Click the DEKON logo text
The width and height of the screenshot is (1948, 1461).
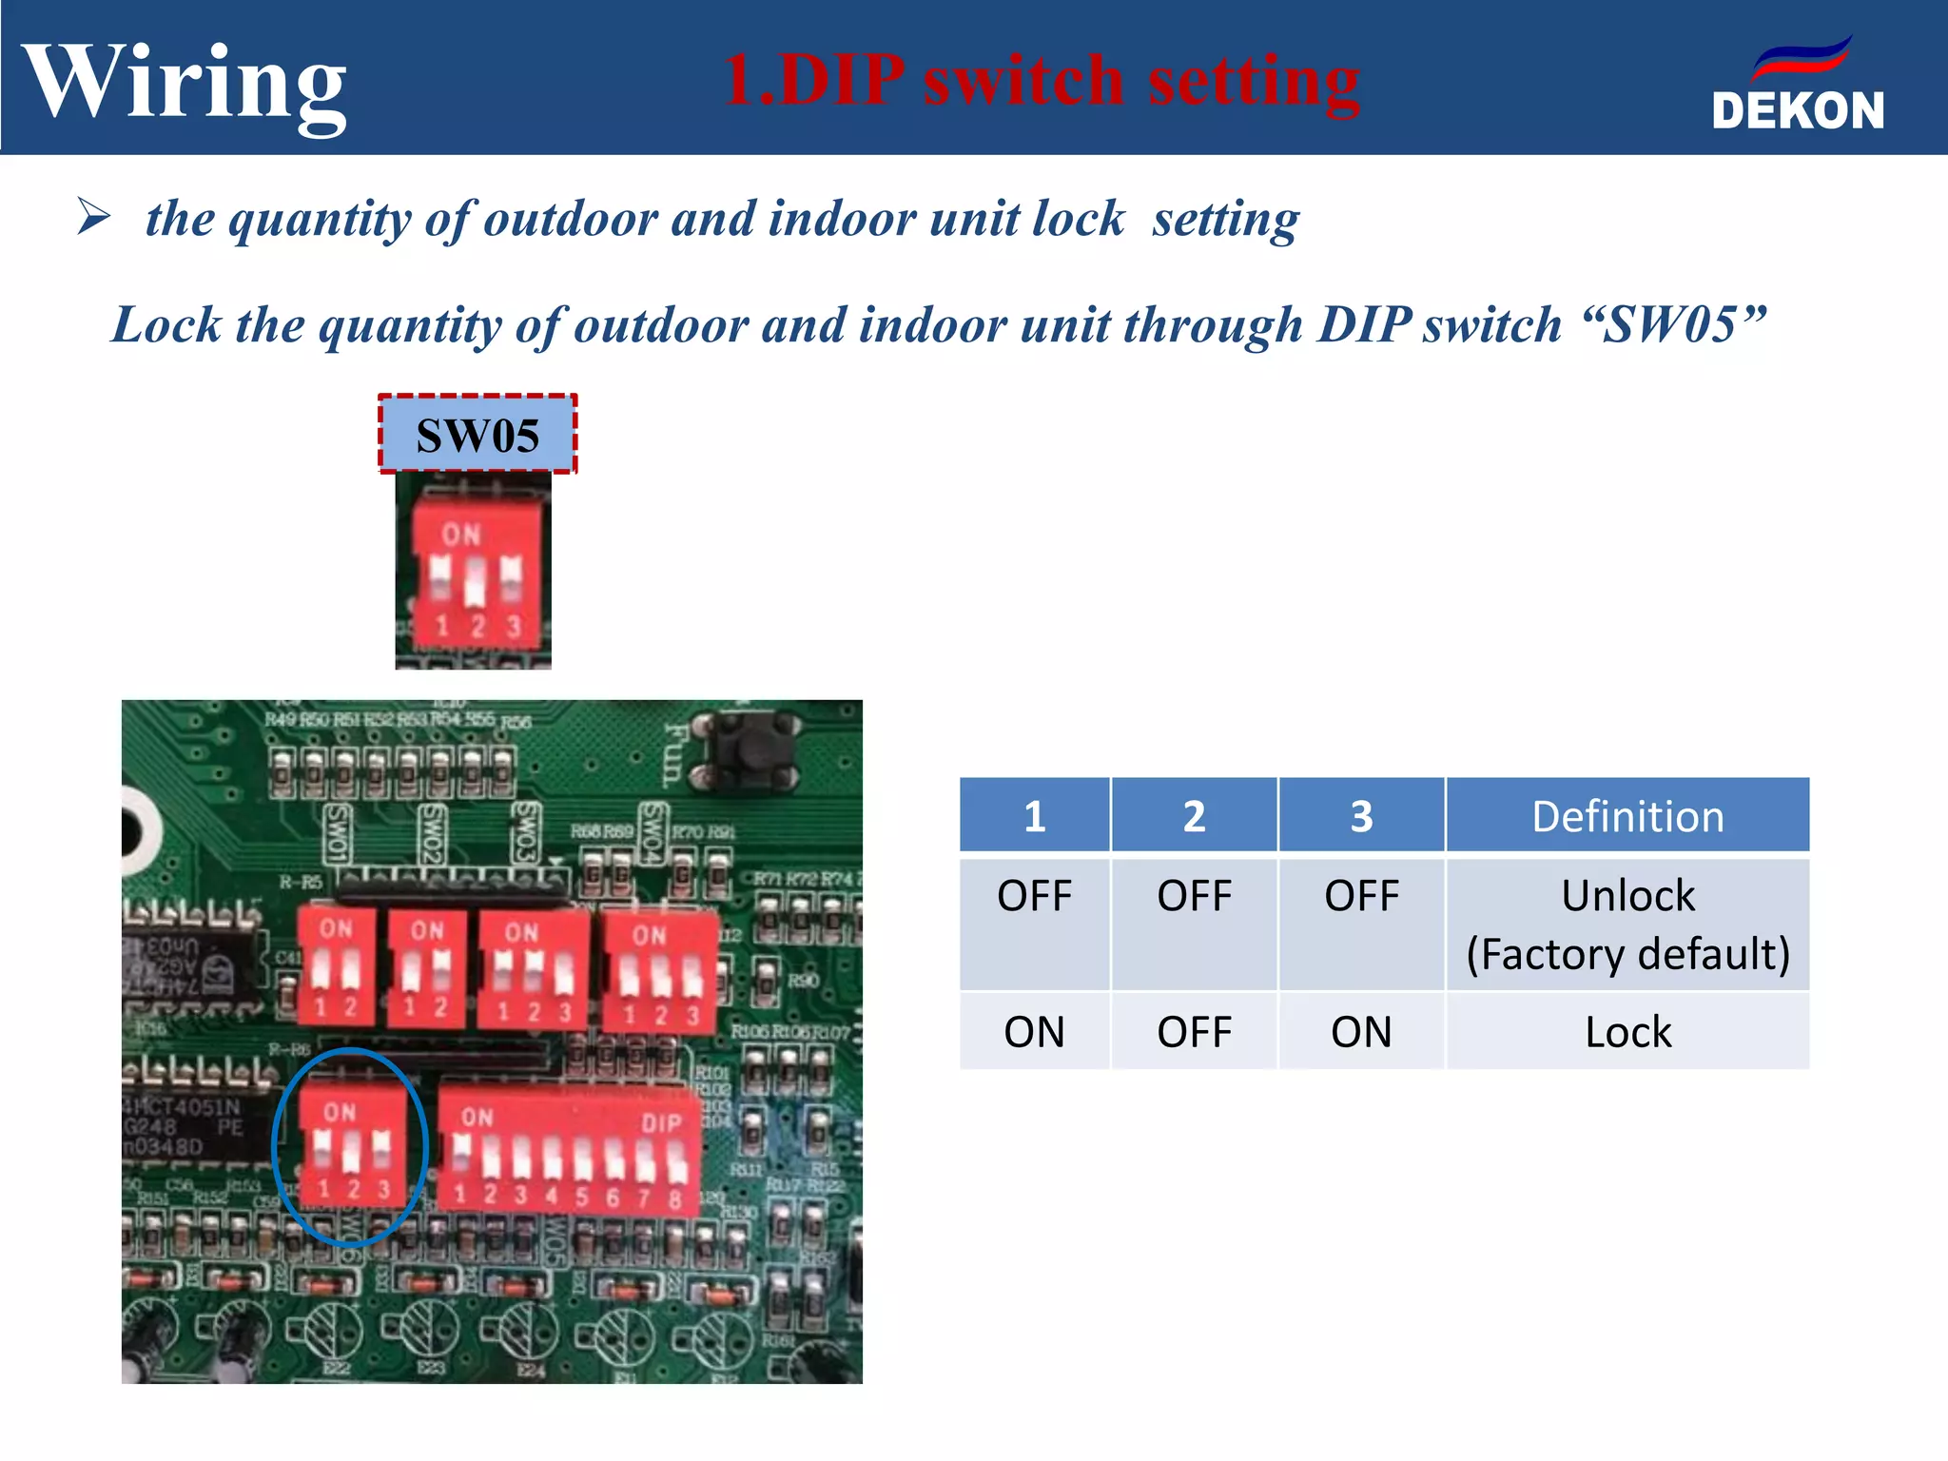pos(1797,110)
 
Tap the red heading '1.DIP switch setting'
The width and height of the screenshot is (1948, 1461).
pos(1042,80)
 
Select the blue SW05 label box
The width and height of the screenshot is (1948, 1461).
pos(477,435)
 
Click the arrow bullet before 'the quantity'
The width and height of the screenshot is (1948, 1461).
pos(94,217)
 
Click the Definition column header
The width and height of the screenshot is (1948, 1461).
pos(1627,816)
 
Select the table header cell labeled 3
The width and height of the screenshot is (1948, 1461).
pos(1361,816)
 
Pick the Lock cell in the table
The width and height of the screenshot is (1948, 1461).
pos(1627,1032)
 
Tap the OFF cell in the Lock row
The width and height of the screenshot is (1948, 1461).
pos(1194,1032)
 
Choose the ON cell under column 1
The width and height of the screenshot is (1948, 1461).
pos(1034,1032)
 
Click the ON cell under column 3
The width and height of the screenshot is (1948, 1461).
pos(1361,1032)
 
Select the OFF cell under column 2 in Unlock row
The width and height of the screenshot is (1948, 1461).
pos(1194,896)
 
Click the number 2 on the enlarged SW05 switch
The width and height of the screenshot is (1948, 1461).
pos(477,626)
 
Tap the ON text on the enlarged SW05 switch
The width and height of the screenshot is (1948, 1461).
pos(461,535)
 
